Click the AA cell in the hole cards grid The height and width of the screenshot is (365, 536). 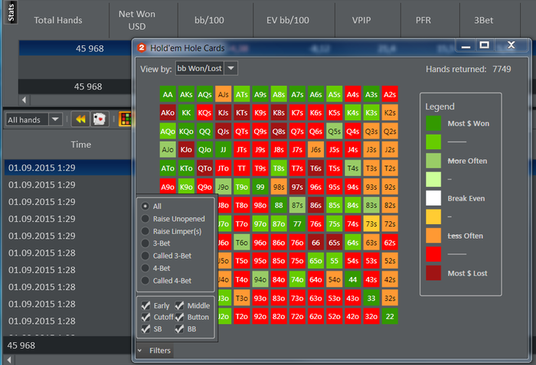click(168, 95)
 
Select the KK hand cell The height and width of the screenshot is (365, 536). click(186, 112)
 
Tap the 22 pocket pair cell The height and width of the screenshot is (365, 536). click(390, 316)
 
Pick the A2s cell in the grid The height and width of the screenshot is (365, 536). click(390, 95)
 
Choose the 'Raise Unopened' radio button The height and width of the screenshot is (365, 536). click(145, 218)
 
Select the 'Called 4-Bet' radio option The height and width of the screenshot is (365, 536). click(145, 281)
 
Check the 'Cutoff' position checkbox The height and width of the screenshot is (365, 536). click(145, 318)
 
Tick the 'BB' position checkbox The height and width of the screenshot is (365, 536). click(179, 329)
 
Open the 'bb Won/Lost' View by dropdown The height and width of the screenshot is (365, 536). click(206, 69)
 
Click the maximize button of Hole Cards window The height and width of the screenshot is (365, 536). click(484, 46)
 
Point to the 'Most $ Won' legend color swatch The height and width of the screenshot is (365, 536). click(433, 123)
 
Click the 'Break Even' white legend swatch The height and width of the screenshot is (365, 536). click(433, 198)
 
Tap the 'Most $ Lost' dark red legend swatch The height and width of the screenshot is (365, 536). click(433, 273)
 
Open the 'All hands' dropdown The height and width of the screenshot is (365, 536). click(34, 119)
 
